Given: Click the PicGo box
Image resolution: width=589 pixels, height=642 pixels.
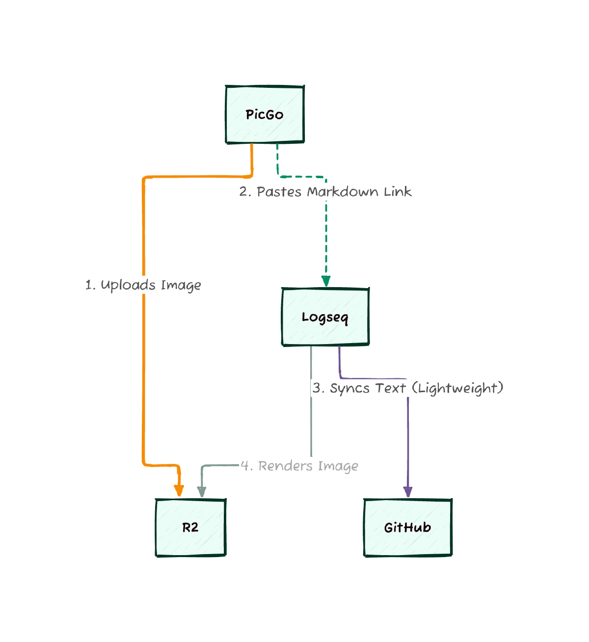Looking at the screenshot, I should [x=265, y=115].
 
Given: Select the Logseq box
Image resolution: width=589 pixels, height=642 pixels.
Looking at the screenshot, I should [x=325, y=317].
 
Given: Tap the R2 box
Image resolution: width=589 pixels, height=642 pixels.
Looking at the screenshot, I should [x=190, y=528].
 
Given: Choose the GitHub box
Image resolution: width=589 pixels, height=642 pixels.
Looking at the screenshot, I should [x=407, y=528].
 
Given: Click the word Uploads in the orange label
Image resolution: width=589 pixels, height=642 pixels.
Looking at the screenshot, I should [x=128, y=285].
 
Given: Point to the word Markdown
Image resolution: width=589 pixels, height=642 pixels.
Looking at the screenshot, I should [x=343, y=191].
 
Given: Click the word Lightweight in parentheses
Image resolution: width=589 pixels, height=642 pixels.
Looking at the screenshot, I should [x=457, y=388].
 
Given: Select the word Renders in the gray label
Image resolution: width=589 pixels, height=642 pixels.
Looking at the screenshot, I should [x=285, y=466].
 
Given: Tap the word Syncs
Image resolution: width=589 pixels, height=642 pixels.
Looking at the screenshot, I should [x=349, y=388].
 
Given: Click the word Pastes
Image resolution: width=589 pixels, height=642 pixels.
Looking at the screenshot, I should [x=279, y=191].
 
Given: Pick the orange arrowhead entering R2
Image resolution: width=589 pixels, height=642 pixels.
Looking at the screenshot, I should [x=179, y=490].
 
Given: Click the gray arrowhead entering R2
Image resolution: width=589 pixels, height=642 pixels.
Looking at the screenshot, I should [x=201, y=491].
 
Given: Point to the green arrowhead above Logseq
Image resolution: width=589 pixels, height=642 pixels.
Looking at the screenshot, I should [x=326, y=281].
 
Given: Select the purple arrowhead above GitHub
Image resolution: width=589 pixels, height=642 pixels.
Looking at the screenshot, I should [x=407, y=491].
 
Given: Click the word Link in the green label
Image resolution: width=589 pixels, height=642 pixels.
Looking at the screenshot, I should [x=398, y=191].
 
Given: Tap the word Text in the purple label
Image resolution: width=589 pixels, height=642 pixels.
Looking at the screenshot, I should [x=391, y=388].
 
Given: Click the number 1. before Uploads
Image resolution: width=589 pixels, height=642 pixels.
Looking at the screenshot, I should [x=90, y=285].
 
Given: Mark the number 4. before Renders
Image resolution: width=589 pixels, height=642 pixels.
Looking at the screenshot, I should [x=246, y=466].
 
